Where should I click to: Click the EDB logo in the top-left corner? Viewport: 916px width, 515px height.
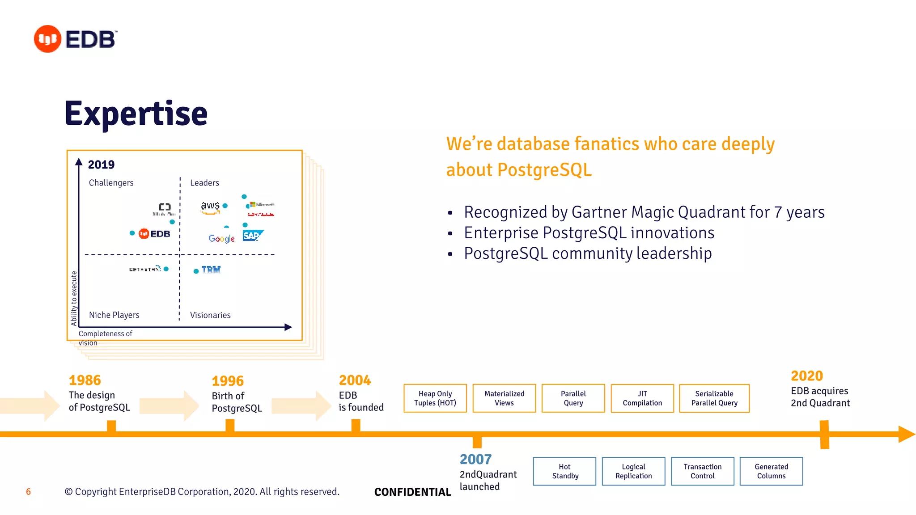tap(75, 39)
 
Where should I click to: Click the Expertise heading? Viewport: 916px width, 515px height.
tap(136, 114)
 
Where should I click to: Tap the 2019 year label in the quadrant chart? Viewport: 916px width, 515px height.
tap(101, 165)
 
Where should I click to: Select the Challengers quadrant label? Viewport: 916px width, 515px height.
tap(111, 183)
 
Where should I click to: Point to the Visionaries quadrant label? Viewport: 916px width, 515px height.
tap(210, 315)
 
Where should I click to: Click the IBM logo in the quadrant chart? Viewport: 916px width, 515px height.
tap(211, 270)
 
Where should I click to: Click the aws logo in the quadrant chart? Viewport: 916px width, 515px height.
tap(210, 207)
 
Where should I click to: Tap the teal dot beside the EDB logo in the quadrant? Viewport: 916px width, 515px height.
tap(132, 233)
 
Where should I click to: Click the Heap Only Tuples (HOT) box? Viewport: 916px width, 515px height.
tap(435, 398)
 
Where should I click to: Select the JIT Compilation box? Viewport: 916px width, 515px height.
tap(642, 398)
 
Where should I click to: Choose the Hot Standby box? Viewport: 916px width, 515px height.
tap(564, 471)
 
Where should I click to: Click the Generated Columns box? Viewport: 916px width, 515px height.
tap(771, 471)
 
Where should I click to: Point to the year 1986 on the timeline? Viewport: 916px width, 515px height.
tap(85, 380)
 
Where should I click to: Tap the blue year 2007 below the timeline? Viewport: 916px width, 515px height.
tap(475, 459)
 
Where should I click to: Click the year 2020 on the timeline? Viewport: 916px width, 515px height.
tap(806, 376)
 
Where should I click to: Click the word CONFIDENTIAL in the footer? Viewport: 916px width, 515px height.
tap(412, 492)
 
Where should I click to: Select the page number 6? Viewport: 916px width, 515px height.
tap(28, 492)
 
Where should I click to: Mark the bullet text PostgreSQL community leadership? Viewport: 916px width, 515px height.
tap(587, 253)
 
